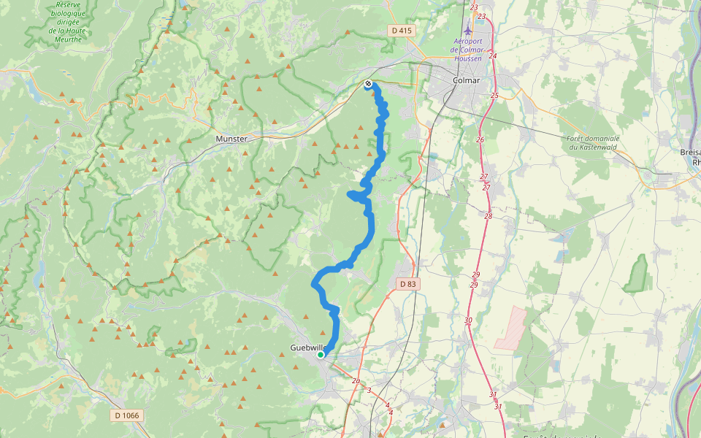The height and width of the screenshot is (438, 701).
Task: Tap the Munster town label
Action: [x=231, y=138]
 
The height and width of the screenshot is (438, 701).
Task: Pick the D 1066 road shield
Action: [x=126, y=415]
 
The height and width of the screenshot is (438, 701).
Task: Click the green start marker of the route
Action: [x=321, y=355]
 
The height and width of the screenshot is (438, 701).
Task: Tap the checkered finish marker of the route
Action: [x=369, y=84]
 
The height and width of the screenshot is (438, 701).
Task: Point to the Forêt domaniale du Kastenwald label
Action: [x=593, y=142]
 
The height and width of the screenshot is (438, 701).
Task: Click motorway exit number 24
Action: [x=493, y=55]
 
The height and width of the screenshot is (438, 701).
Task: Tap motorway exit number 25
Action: [x=494, y=96]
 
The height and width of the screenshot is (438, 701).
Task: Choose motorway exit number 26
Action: [x=480, y=139]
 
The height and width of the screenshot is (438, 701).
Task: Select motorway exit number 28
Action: [x=488, y=216]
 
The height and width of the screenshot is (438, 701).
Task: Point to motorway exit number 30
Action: [x=468, y=320]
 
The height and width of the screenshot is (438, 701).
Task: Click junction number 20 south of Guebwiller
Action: [x=356, y=381]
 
